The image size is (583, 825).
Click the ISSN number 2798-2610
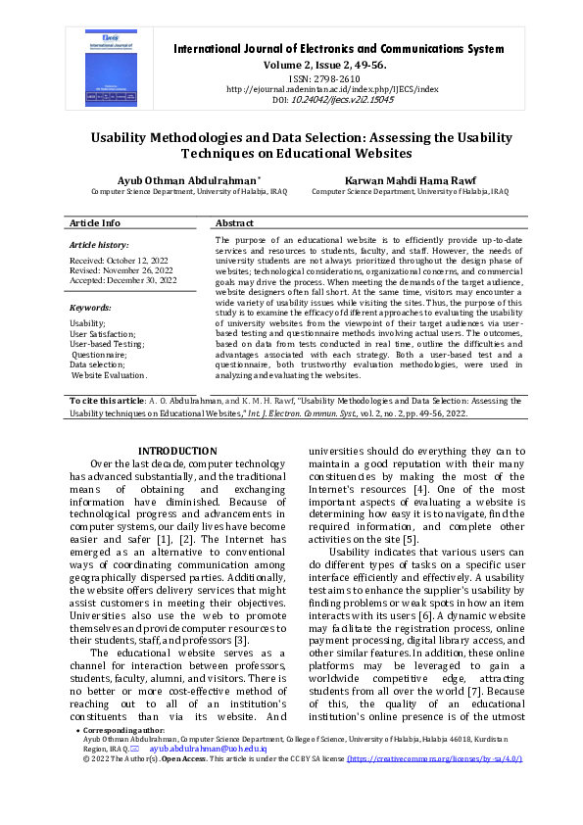click(338, 78)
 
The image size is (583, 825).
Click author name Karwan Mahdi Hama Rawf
click(410, 181)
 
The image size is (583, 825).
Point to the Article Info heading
click(95, 223)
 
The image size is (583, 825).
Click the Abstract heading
click(235, 223)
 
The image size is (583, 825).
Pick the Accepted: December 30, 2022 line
click(123, 281)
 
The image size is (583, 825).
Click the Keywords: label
click(91, 308)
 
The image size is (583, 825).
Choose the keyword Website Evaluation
click(109, 375)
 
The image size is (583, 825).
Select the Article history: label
click(99, 244)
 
